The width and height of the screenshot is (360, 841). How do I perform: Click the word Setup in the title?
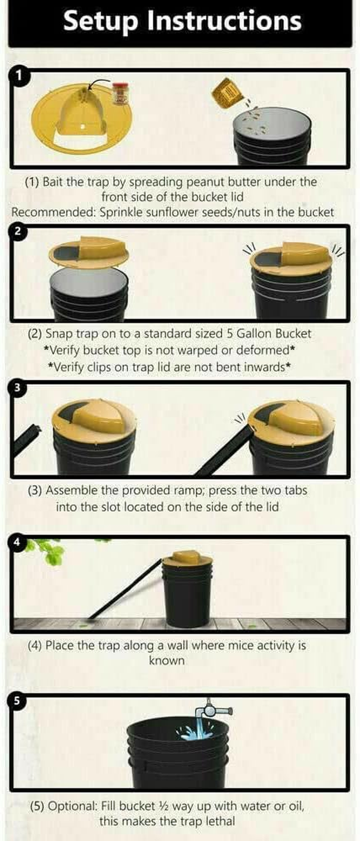coord(100,21)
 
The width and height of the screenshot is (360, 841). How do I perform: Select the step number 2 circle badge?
coord(18,231)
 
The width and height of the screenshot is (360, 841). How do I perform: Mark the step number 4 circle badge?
coord(18,542)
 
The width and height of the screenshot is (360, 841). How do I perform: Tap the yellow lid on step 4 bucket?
coord(187,558)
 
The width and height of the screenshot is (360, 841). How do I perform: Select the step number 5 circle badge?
coord(18,701)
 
